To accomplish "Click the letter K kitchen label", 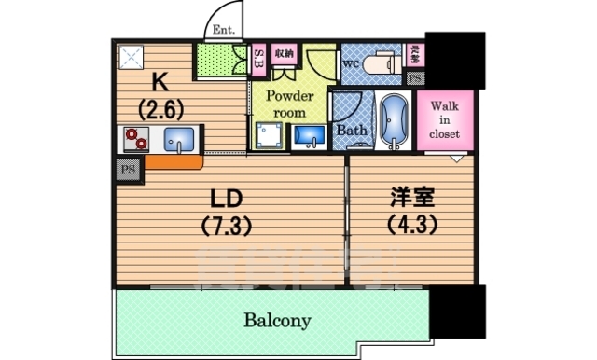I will pos(159,82).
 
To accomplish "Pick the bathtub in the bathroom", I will pos(395,121).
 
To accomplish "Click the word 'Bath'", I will pos(351,130).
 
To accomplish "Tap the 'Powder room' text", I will pos(288,104).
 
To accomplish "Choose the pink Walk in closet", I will pos(444,119).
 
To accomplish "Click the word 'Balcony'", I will pos(277,321).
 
